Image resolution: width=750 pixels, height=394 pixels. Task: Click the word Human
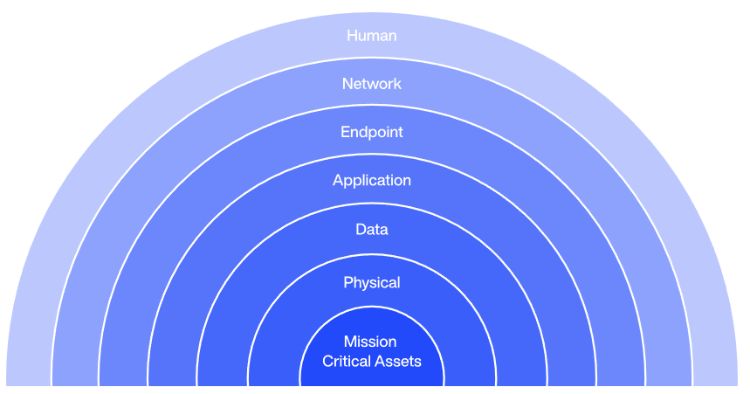(x=371, y=36)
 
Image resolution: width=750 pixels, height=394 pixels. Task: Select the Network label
(x=371, y=84)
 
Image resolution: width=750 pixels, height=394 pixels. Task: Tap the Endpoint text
(x=371, y=132)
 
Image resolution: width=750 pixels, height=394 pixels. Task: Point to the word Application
(x=371, y=181)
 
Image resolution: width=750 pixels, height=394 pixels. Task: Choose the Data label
(x=371, y=230)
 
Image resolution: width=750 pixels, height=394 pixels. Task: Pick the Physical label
(x=371, y=283)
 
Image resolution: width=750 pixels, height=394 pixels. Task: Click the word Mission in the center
(x=370, y=342)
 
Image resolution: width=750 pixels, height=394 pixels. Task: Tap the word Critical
(x=347, y=361)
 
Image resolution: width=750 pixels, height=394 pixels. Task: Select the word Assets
(x=397, y=361)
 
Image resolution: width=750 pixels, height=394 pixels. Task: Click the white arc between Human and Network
(x=372, y=59)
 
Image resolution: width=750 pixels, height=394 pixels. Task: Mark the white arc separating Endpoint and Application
(x=372, y=156)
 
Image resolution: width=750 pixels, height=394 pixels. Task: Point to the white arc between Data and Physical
(x=372, y=256)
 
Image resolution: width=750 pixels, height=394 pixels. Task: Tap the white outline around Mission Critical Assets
(x=372, y=308)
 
